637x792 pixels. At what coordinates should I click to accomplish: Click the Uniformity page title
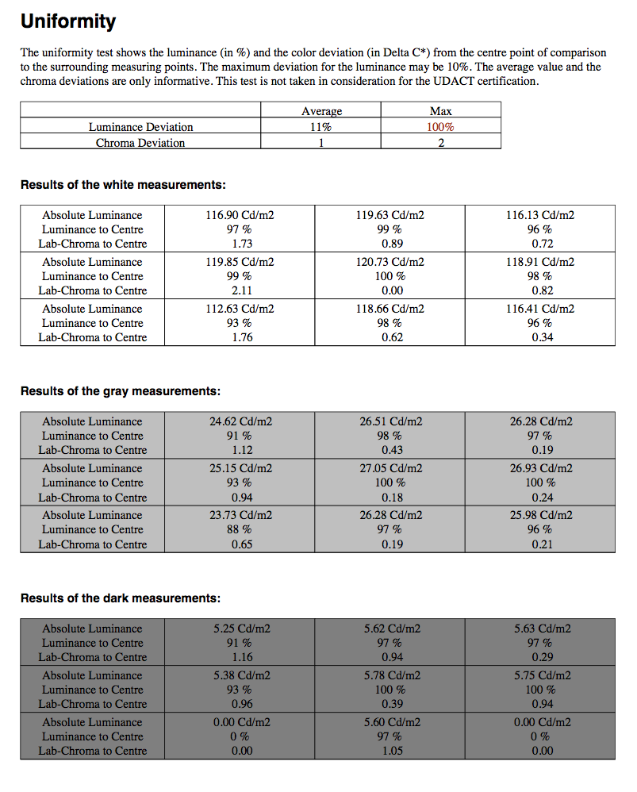click(x=68, y=21)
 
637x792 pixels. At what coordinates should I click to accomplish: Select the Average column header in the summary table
click(x=321, y=111)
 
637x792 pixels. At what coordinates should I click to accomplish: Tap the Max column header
click(x=440, y=111)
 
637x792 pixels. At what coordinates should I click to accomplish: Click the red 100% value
click(x=440, y=127)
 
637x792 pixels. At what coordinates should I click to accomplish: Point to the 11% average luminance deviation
click(x=321, y=127)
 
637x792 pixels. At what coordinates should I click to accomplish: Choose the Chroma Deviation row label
click(x=140, y=143)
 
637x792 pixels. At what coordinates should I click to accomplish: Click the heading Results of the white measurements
click(x=123, y=185)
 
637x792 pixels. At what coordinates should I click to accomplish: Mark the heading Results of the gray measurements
click(x=120, y=391)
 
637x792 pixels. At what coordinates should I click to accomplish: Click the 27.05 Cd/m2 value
click(x=391, y=468)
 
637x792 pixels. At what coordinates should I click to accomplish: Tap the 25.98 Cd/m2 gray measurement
click(x=541, y=515)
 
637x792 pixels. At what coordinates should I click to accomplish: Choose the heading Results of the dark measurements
click(x=120, y=598)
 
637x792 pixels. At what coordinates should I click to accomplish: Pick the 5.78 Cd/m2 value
click(x=391, y=675)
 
